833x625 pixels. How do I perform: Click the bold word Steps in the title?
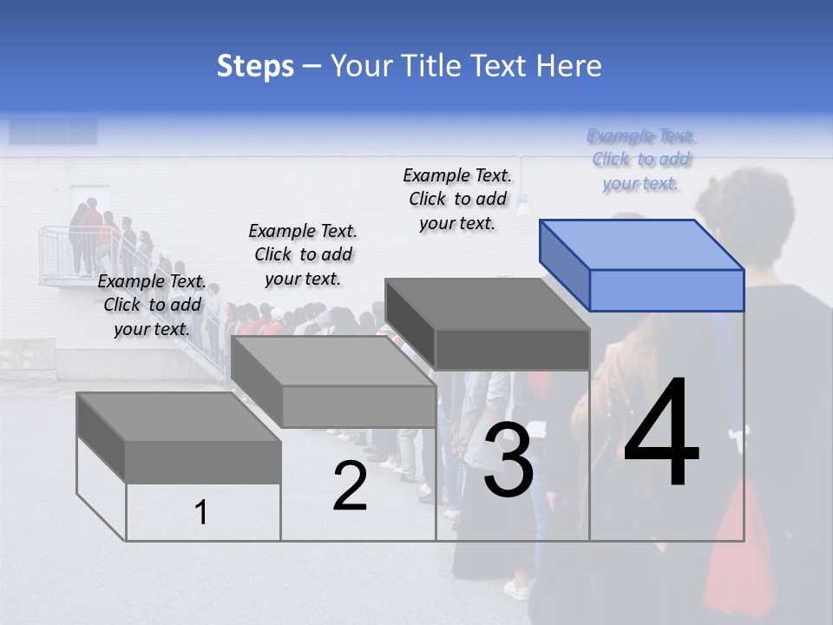click(255, 66)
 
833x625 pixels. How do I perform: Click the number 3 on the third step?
click(508, 462)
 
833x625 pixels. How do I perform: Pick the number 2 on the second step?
click(350, 486)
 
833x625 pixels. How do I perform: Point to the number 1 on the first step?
click(200, 512)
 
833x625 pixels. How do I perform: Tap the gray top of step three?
click(486, 304)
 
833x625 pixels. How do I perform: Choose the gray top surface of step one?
click(179, 417)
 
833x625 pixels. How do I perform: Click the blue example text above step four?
click(641, 160)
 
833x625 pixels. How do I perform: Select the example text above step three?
click(457, 199)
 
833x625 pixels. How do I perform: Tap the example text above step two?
click(303, 254)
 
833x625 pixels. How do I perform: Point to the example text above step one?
click(152, 305)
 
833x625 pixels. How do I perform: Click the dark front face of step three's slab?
click(512, 350)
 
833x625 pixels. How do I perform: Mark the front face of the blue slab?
click(666, 290)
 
